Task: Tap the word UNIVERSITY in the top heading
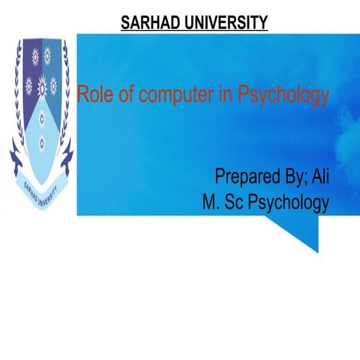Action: pos(225,23)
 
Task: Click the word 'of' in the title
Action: pos(120,96)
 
